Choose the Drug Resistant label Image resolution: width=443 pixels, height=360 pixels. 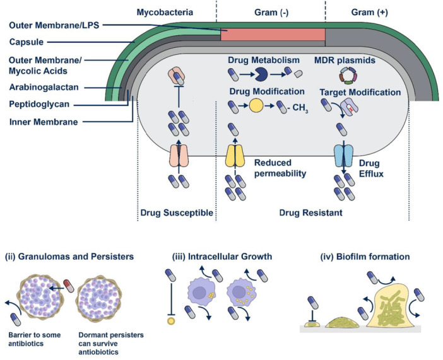point(311,212)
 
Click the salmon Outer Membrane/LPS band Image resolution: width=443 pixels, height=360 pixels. point(272,34)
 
